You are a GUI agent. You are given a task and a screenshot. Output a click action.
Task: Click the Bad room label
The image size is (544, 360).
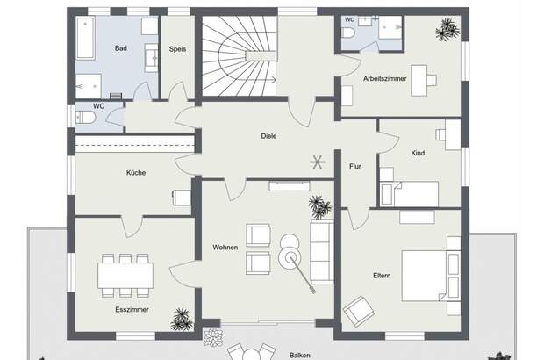click(121, 48)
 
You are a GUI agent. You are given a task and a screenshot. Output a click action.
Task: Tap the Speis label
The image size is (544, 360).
click(177, 49)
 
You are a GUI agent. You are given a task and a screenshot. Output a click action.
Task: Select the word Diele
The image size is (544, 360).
click(268, 136)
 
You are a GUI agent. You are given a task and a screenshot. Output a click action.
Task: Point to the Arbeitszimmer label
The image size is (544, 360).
click(385, 79)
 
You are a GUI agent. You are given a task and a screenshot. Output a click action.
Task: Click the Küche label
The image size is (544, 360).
click(136, 172)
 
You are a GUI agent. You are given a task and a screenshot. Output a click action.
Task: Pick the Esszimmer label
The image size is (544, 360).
click(132, 310)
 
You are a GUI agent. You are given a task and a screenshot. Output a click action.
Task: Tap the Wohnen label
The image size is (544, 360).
click(225, 248)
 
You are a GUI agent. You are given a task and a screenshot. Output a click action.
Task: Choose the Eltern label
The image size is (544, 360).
click(382, 276)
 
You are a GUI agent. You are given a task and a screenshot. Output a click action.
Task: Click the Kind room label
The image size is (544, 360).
click(418, 153)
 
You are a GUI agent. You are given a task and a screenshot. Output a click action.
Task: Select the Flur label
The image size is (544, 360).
click(355, 166)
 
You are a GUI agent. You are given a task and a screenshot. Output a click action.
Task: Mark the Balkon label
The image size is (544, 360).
click(300, 356)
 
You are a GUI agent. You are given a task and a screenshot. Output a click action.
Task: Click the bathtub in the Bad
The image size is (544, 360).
click(86, 38)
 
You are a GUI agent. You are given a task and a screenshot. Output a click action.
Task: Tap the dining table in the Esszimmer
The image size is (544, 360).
click(125, 276)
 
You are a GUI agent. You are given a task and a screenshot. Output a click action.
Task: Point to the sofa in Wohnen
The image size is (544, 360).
click(322, 252)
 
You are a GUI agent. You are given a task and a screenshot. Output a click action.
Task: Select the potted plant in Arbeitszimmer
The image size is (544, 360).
click(447, 30)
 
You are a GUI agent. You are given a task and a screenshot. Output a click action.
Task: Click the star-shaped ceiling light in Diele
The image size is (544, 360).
click(317, 162)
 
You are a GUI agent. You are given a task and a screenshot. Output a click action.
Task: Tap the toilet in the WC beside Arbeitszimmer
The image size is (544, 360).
click(348, 33)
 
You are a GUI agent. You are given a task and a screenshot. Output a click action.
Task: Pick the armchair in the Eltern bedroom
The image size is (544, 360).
click(359, 311)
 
